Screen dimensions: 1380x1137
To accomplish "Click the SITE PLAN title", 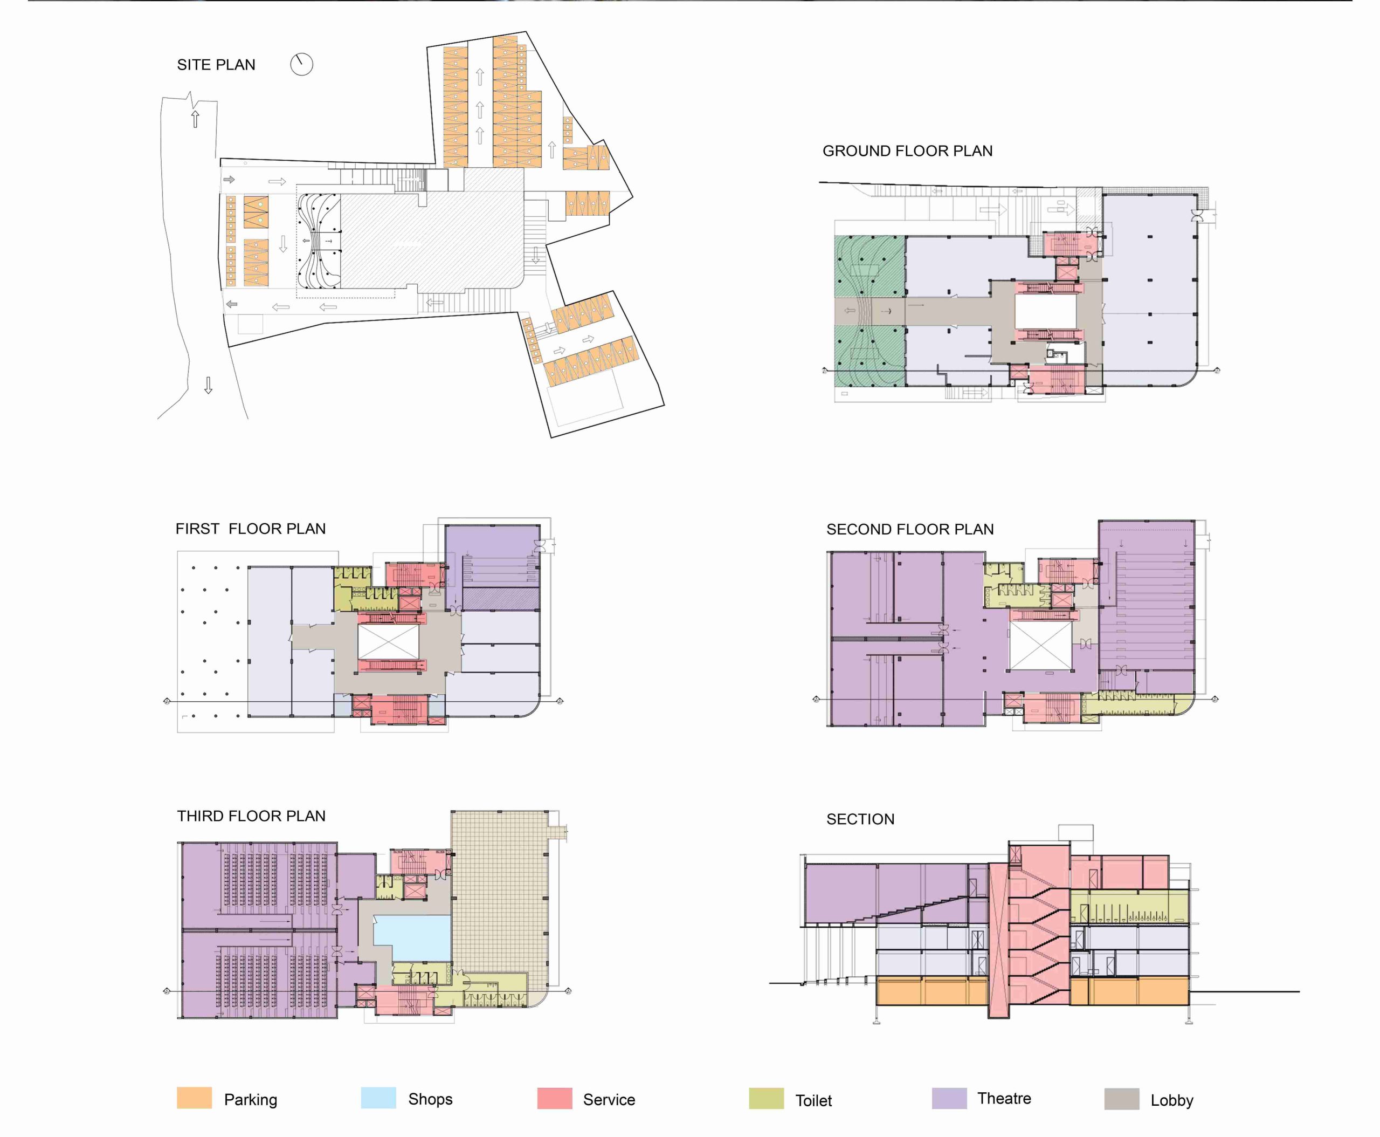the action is click(216, 65).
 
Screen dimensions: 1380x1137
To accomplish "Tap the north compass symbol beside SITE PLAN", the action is click(301, 64).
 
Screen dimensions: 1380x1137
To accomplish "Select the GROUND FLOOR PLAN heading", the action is click(907, 150).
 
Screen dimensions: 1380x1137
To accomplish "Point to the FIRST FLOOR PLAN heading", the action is click(250, 529).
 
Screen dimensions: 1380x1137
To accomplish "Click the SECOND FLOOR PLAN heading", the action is click(910, 529).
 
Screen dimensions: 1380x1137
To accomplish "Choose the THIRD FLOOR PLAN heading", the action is click(251, 816).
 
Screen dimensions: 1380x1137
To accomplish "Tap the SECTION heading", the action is click(860, 819).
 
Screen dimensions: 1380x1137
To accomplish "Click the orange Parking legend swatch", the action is click(195, 1098).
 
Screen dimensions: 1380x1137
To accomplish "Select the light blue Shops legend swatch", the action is click(378, 1098).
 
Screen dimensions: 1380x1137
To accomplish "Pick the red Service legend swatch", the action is click(555, 1098).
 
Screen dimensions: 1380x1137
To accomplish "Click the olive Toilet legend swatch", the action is click(766, 1098).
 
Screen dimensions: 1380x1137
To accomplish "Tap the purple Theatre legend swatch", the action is click(949, 1098).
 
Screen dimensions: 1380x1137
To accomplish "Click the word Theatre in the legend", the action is click(1004, 1098).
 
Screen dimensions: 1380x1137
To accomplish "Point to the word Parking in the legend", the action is click(251, 1100).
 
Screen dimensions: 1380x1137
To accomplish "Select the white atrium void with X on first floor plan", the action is click(388, 642).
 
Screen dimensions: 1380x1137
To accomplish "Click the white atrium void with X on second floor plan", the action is click(1041, 646).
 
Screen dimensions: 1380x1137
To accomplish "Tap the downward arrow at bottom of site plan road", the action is click(208, 385).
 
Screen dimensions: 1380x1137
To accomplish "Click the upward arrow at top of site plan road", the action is click(195, 119).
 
